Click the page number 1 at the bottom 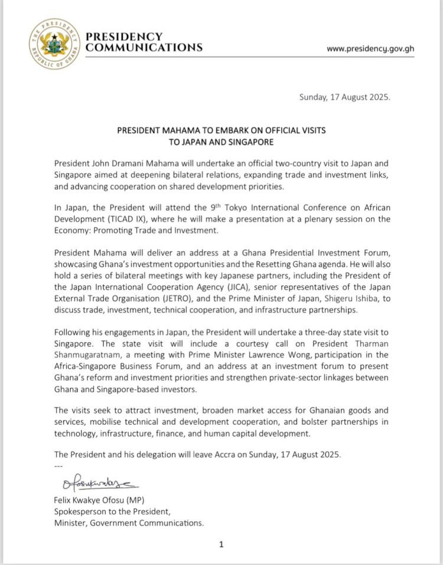[221, 544]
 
